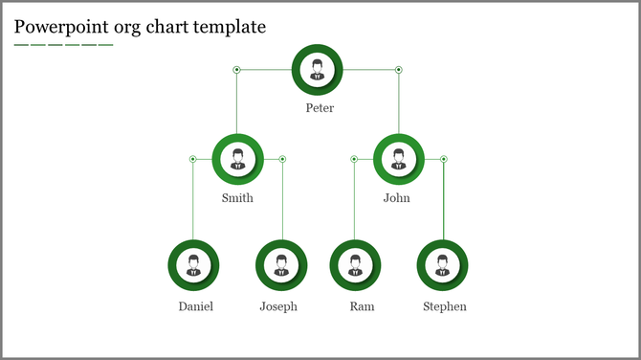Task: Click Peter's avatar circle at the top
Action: [x=318, y=69]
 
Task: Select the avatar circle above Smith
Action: [x=237, y=158]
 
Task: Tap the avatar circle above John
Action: [x=398, y=158]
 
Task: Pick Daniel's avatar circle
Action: [x=193, y=265]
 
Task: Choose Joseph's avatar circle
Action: [x=281, y=265]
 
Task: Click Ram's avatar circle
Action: [x=355, y=265]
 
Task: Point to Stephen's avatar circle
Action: [x=442, y=265]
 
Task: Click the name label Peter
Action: [x=320, y=108]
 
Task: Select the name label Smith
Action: [x=237, y=199]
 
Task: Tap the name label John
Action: [x=396, y=199]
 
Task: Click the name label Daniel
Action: [x=195, y=307]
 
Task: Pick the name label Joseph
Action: [x=278, y=307]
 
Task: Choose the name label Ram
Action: [x=362, y=307]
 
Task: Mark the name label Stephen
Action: [x=445, y=307]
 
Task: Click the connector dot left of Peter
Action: [x=236, y=69]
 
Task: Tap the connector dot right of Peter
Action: [x=399, y=69]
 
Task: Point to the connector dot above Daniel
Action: [x=192, y=159]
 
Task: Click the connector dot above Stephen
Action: [x=443, y=159]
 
